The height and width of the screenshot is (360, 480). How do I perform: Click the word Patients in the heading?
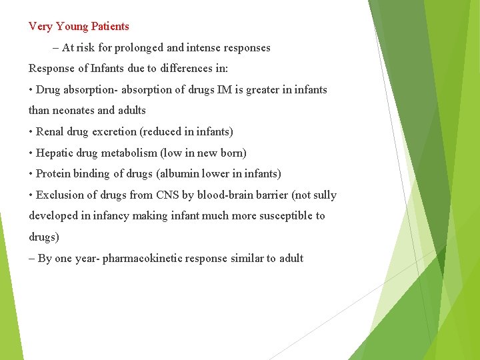click(110, 27)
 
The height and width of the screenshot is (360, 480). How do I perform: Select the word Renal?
click(51, 132)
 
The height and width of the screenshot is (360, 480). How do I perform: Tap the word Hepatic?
click(55, 153)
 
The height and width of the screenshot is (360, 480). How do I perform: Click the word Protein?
click(54, 174)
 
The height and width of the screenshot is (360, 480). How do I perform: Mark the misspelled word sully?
click(324, 195)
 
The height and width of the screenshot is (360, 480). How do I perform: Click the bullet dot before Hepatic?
click(31, 153)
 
